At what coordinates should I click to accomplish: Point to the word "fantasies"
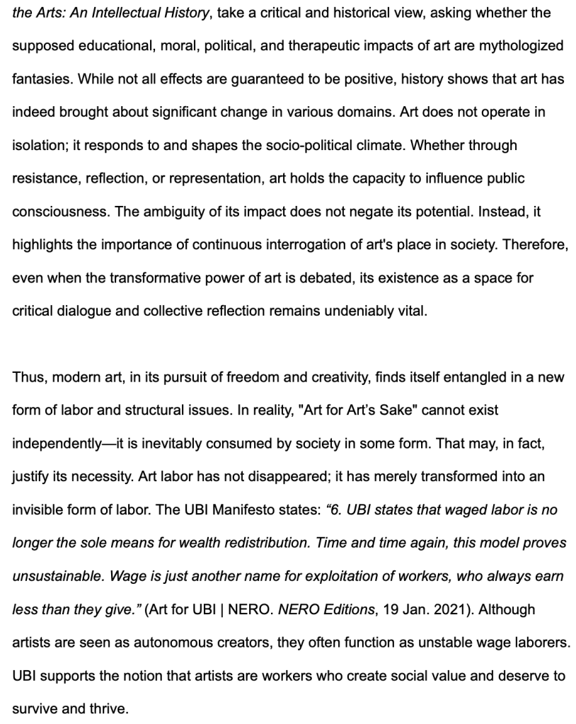40,79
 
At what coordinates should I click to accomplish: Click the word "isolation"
38,145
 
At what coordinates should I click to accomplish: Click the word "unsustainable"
55,576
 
